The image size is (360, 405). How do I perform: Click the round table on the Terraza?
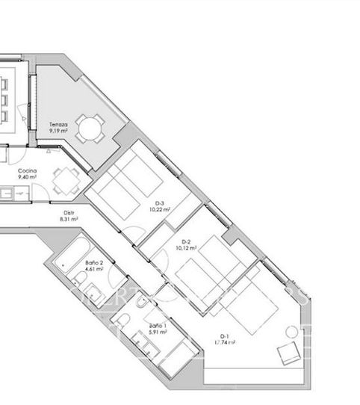[91, 129]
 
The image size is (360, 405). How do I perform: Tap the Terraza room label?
[58, 123]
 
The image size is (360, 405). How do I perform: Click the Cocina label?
[28, 171]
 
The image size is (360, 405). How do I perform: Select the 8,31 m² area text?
[70, 220]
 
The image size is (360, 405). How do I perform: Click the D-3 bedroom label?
[159, 203]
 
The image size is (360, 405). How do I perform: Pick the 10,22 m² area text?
[160, 210]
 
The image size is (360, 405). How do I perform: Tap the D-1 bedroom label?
[223, 336]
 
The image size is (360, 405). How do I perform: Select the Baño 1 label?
[158, 327]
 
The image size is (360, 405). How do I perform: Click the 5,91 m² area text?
[158, 334]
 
